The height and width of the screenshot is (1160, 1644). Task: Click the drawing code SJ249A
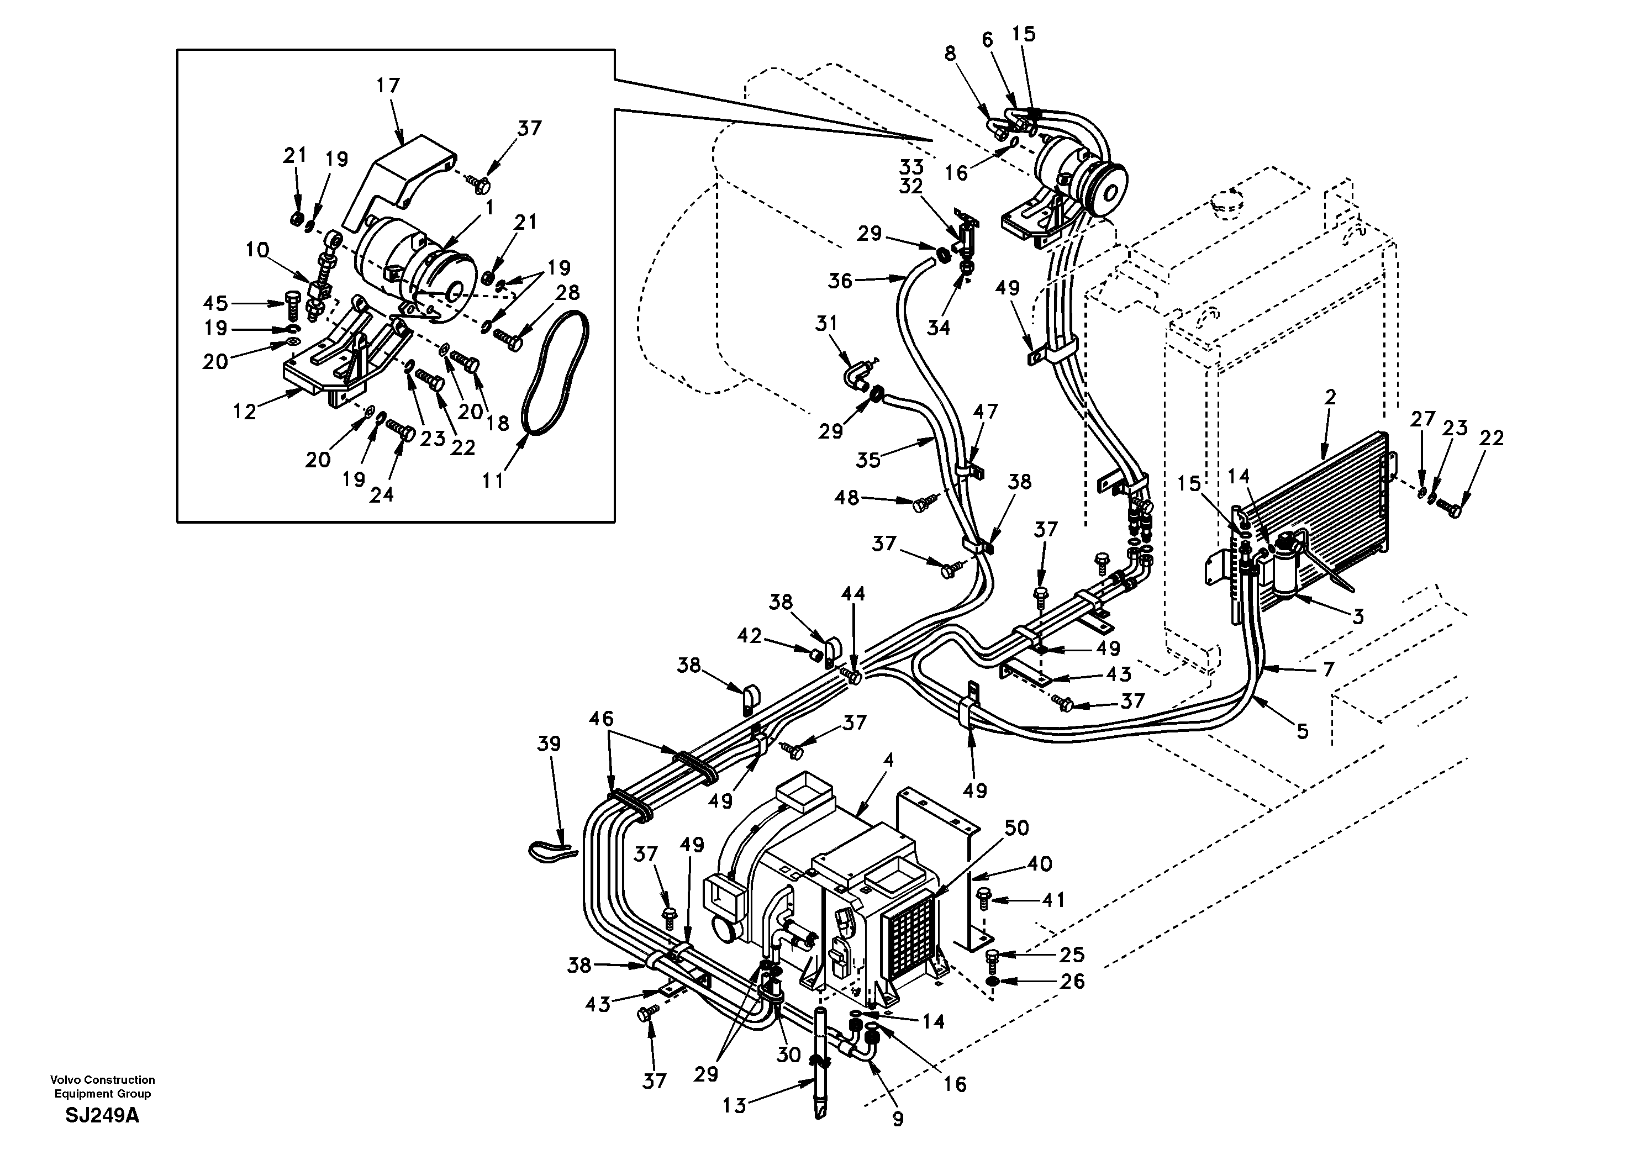(x=102, y=1116)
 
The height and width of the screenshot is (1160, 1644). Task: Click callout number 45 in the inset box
(x=215, y=304)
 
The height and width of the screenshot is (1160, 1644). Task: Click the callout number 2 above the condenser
(x=1330, y=397)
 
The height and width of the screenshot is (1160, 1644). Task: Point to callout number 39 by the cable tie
(x=549, y=744)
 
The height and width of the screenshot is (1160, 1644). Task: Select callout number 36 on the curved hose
(x=841, y=281)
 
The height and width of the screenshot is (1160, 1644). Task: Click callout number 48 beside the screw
(x=847, y=497)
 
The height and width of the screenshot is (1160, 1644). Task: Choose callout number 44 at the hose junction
(x=853, y=594)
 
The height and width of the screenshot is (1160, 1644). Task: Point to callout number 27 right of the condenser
(x=1422, y=419)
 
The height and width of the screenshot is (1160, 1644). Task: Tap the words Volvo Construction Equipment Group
(x=102, y=1086)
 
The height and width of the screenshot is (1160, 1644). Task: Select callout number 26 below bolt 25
(x=1072, y=981)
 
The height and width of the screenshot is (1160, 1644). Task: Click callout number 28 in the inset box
(x=567, y=293)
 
